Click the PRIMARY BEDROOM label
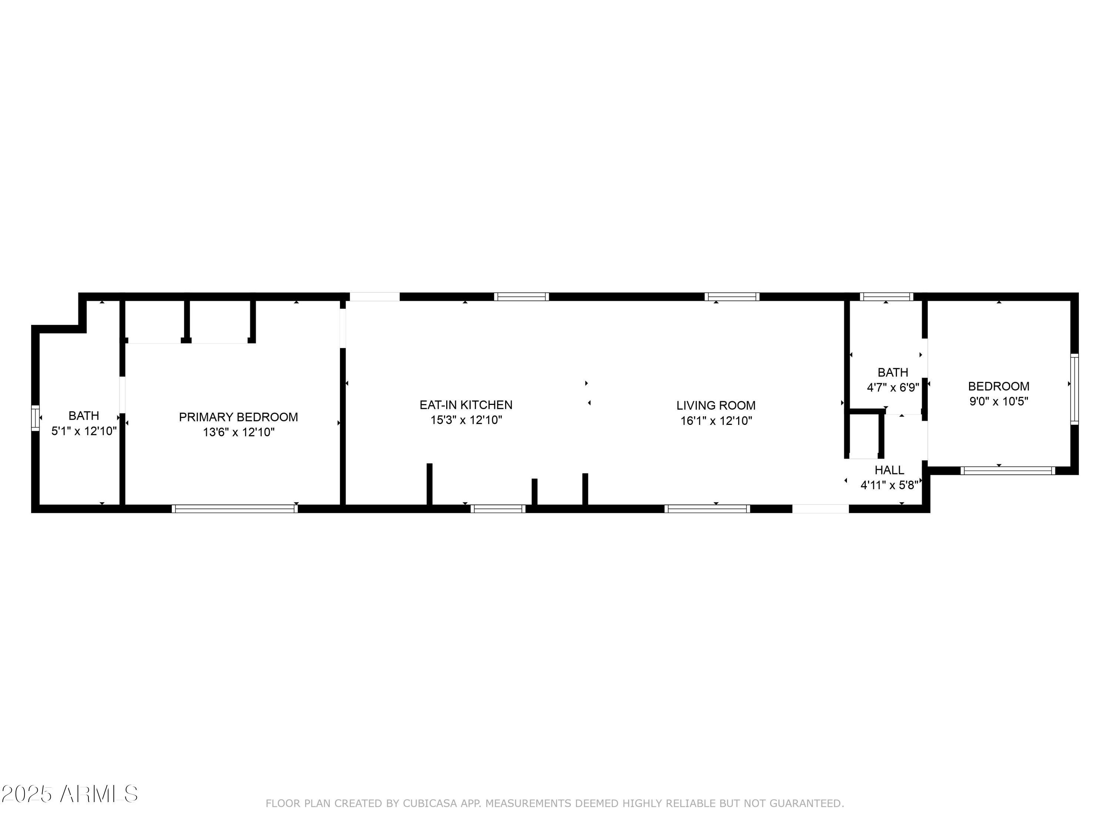click(x=238, y=417)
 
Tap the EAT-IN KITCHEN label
click(x=466, y=405)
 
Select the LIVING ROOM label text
click(x=716, y=405)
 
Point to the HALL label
click(x=889, y=470)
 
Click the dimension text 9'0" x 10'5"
click(x=999, y=401)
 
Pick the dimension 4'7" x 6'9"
click(x=893, y=387)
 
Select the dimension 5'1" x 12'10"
click(x=84, y=431)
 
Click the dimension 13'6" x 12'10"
click(x=238, y=432)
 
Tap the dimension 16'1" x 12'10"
click(x=716, y=421)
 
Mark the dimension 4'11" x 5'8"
click(x=889, y=485)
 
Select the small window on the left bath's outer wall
click(x=35, y=418)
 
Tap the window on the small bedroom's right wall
click(x=1074, y=389)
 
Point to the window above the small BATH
click(x=886, y=297)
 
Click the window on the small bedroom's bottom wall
click(x=1008, y=470)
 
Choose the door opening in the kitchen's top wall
click(x=374, y=297)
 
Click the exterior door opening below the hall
click(x=820, y=508)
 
